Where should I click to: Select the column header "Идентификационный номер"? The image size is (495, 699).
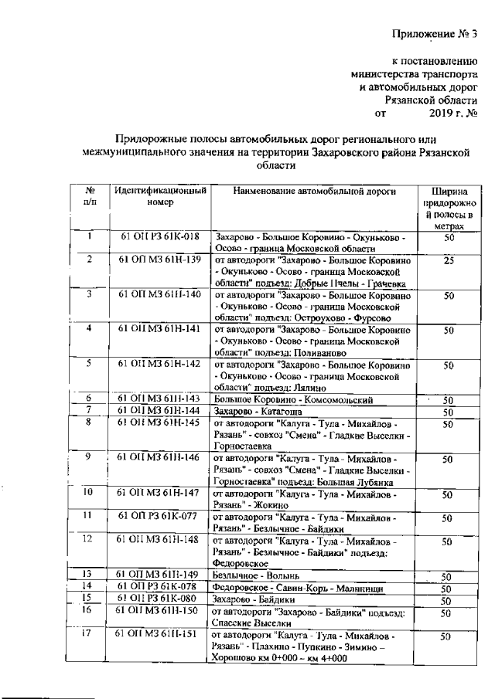(x=160, y=196)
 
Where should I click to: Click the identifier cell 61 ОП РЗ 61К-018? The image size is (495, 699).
(x=160, y=237)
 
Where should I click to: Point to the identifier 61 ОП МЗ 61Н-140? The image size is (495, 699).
(x=160, y=295)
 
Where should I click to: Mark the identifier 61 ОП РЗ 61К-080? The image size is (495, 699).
(x=160, y=599)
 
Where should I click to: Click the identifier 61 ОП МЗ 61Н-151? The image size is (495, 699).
(x=160, y=634)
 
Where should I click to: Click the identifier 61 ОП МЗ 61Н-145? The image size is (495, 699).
(x=160, y=422)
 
